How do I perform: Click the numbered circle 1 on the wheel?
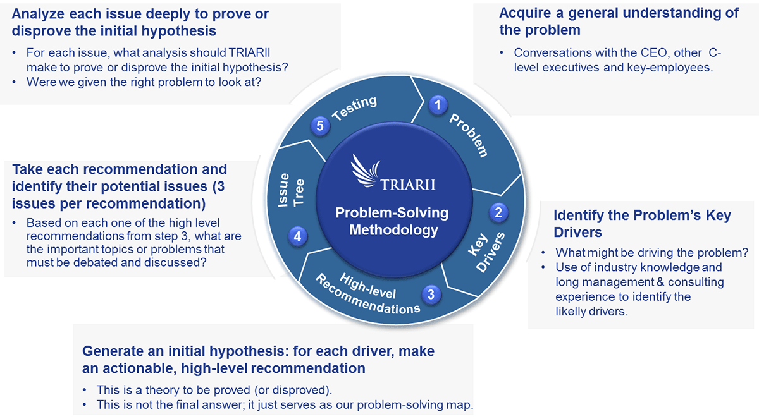coord(437,105)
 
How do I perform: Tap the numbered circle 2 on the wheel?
coord(498,212)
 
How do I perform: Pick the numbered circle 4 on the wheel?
coord(297,236)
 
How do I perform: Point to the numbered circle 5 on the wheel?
coord(320,126)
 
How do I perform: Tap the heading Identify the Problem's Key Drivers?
coord(642,224)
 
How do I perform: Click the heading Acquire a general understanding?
coord(619,21)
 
